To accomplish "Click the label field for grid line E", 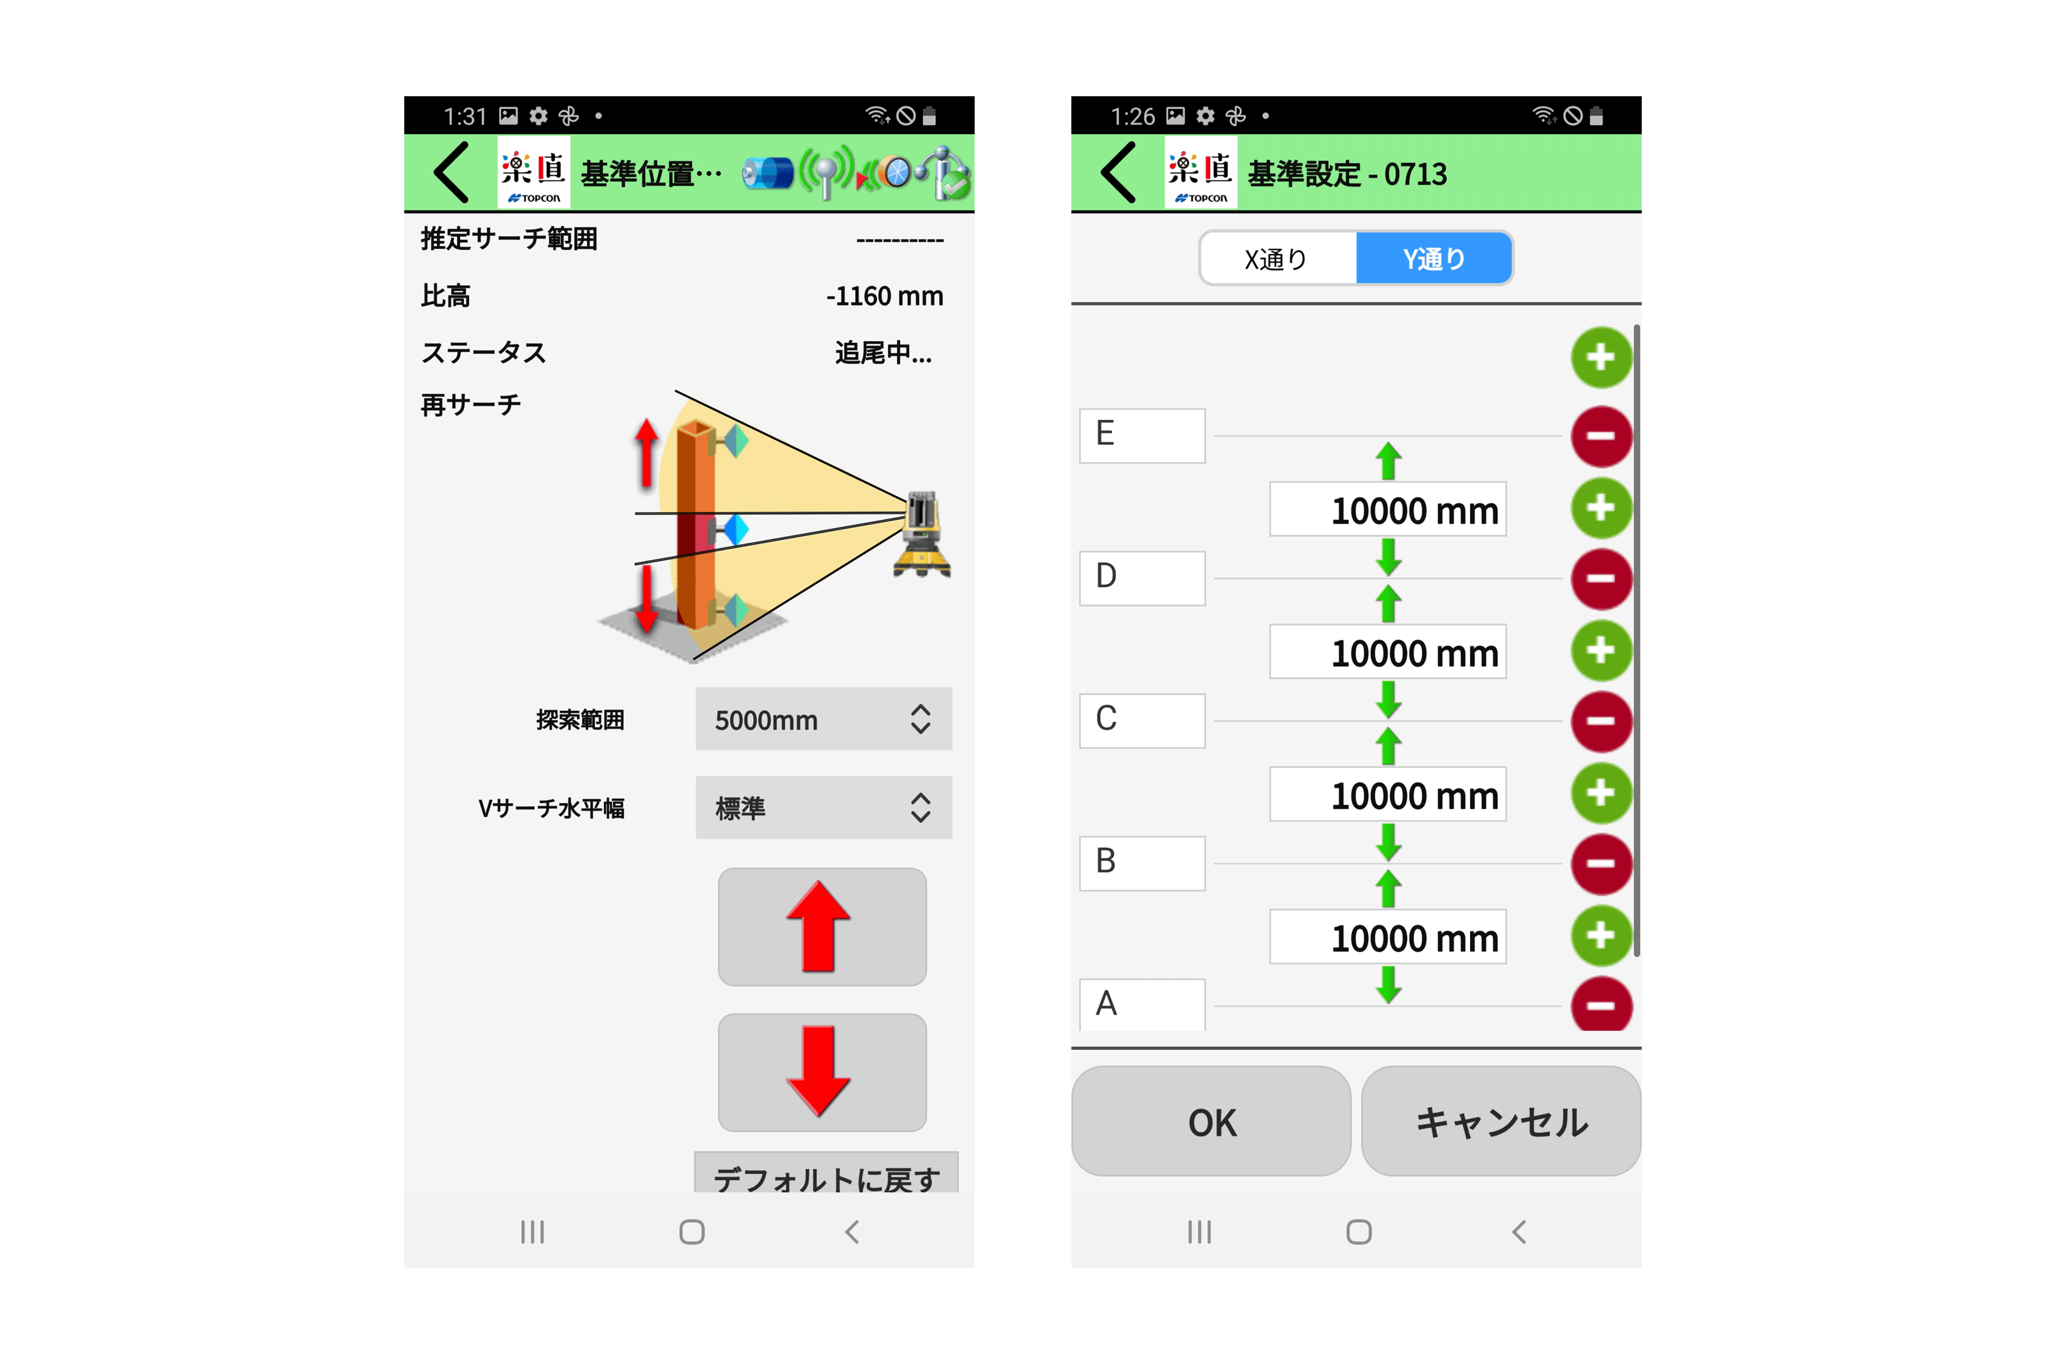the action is pos(1142,435).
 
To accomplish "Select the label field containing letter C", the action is pos(1142,721).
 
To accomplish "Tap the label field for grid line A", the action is pos(1142,1005).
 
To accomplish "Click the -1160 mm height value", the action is pos(884,296).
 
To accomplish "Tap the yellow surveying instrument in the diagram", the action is pos(922,534).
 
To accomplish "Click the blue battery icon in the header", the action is pos(768,172).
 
